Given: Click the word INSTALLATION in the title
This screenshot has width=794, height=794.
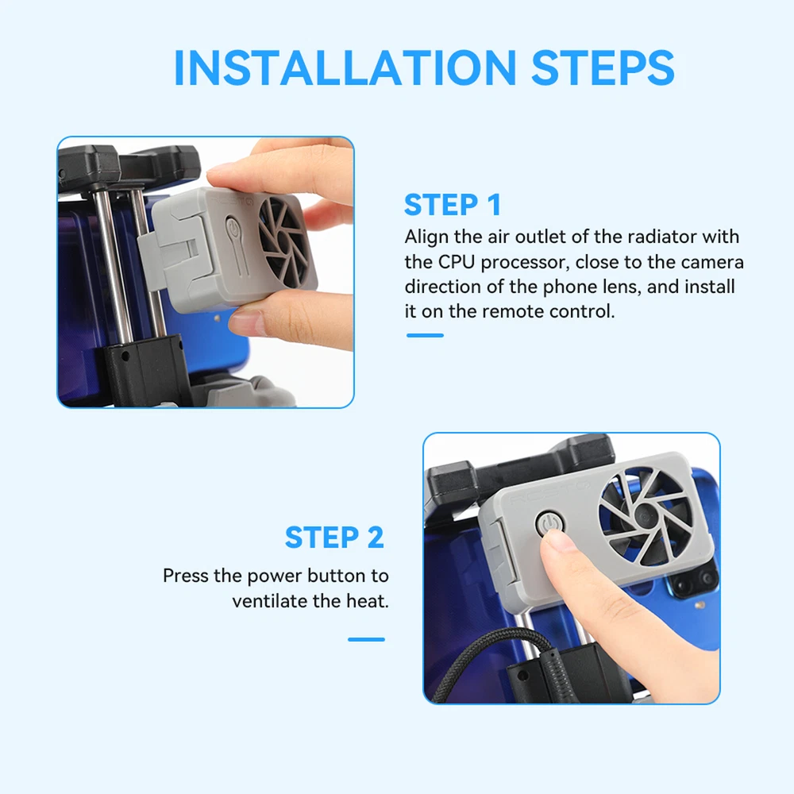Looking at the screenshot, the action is tap(345, 67).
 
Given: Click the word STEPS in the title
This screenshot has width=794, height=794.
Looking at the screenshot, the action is tap(603, 67).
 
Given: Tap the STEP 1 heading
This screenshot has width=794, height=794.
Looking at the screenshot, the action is tap(453, 205).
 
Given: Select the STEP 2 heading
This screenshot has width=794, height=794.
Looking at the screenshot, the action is tap(334, 538).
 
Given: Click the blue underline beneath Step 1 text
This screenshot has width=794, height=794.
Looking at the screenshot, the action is tap(425, 335).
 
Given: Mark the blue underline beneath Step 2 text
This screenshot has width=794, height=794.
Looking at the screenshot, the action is tap(366, 639).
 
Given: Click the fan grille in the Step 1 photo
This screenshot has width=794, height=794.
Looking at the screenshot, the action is tap(283, 242).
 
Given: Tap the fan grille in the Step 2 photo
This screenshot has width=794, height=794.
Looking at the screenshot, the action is tap(644, 515).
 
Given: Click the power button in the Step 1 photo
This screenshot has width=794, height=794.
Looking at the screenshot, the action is tap(232, 229).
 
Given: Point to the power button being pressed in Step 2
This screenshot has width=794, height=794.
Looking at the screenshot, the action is tap(549, 524).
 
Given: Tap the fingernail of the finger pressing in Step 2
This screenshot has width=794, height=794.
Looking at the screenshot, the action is tap(556, 540).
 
